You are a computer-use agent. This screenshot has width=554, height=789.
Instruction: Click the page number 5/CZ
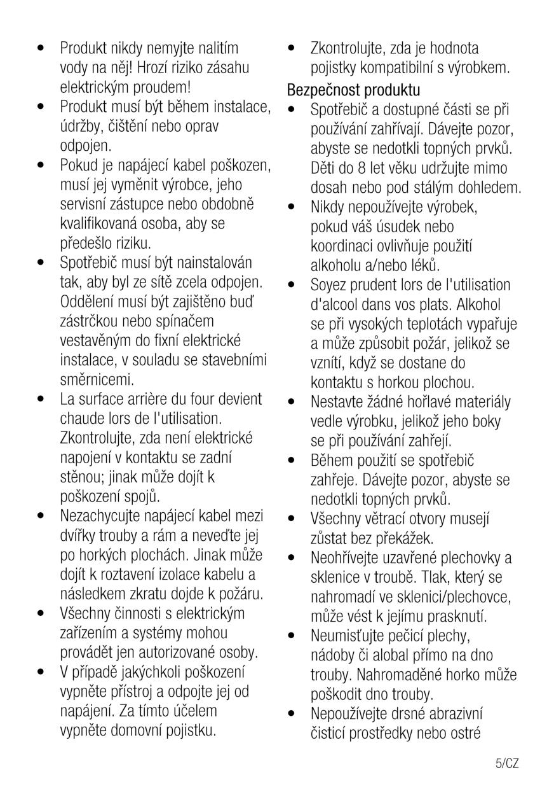(x=507, y=763)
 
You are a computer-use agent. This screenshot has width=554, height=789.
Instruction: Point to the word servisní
(x=85, y=205)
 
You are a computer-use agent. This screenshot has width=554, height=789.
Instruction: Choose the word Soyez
(x=330, y=284)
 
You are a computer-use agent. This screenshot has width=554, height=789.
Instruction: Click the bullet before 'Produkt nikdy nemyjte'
(x=42, y=48)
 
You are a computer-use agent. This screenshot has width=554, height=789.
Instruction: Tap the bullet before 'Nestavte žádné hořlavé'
(x=292, y=402)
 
